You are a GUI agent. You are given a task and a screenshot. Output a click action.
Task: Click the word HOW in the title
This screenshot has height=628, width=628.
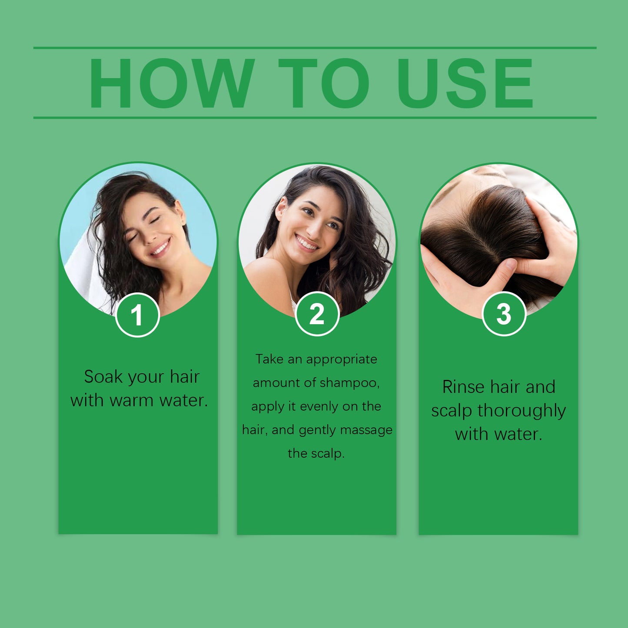(171, 83)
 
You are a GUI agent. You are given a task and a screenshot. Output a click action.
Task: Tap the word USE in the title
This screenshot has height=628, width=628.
(465, 83)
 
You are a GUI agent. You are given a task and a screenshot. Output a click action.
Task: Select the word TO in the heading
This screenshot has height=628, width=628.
(324, 83)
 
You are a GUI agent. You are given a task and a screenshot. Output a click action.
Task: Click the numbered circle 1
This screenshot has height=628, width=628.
(137, 315)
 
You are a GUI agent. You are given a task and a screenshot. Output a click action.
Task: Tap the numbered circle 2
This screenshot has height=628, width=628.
(317, 314)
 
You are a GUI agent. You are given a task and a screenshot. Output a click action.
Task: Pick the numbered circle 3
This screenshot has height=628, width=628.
(504, 314)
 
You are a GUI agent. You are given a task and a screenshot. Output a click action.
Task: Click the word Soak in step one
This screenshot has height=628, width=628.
(103, 377)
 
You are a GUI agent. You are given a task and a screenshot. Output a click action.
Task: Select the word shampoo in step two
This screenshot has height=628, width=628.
(349, 383)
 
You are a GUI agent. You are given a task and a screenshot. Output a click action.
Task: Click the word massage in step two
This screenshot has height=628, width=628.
(366, 430)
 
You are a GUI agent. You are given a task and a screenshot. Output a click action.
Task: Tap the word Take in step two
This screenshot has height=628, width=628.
(269, 359)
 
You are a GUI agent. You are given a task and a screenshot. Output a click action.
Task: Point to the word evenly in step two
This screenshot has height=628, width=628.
(319, 406)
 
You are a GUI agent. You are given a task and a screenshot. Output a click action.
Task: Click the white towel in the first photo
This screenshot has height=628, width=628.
(85, 269)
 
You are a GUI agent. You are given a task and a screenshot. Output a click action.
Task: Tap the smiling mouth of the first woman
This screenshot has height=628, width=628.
(160, 249)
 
